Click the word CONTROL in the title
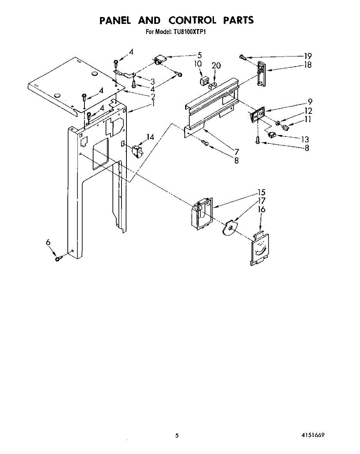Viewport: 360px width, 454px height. coord(192,20)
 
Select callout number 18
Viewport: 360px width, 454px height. coord(308,65)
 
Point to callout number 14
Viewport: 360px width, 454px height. coord(151,137)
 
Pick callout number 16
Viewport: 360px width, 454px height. coord(262,210)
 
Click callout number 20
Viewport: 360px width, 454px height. coord(216,65)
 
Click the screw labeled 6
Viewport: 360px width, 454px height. coord(59,258)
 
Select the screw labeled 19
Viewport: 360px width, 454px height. coord(243,58)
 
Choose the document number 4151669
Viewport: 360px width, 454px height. coord(312,435)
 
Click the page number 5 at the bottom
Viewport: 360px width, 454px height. coord(176,436)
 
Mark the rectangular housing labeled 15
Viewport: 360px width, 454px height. coord(202,213)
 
